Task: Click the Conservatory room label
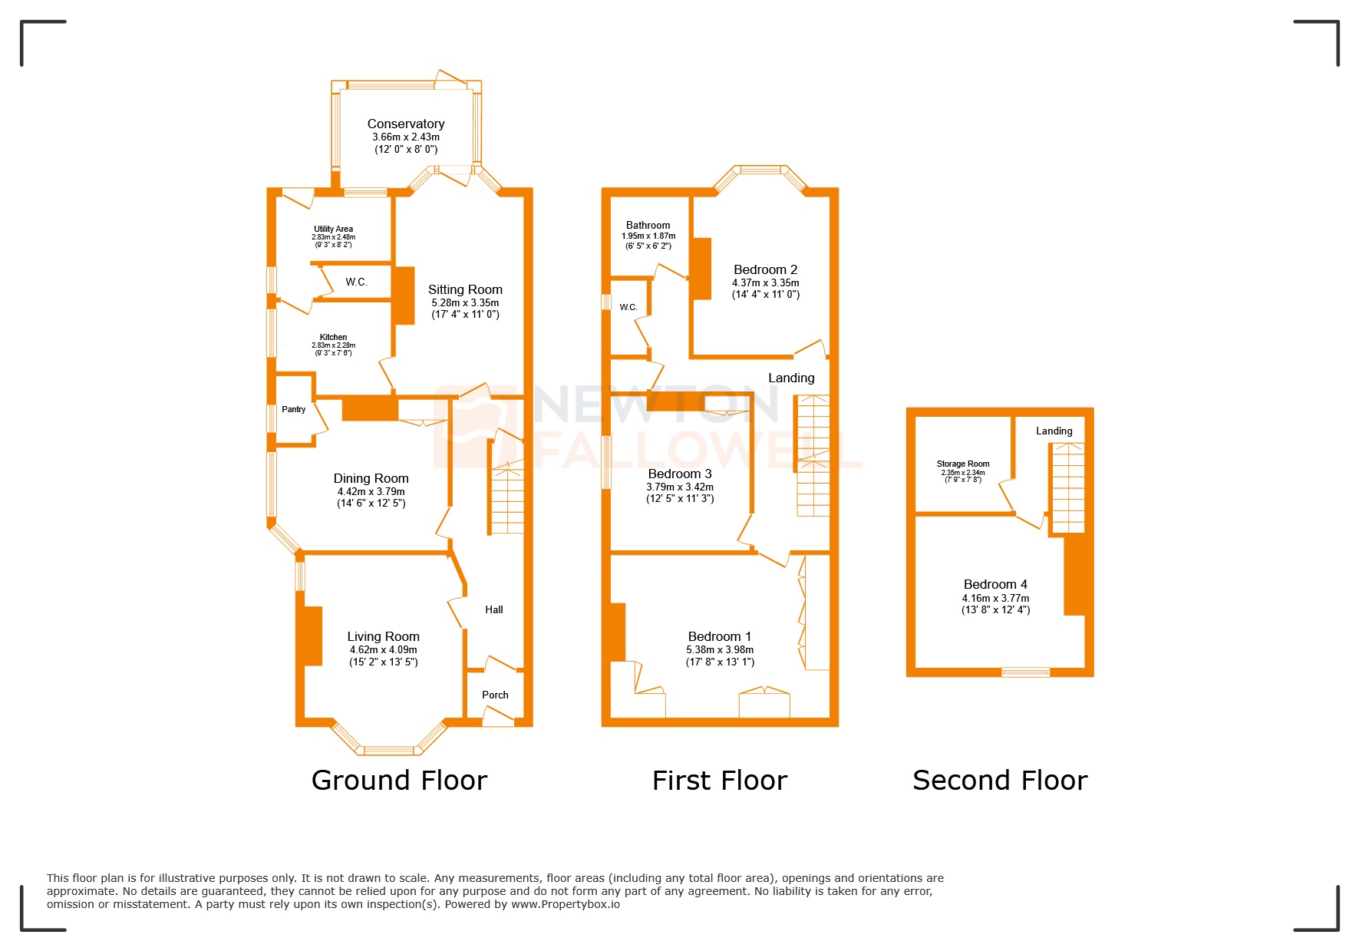pyautogui.click(x=405, y=124)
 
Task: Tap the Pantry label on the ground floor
pyautogui.click(x=293, y=409)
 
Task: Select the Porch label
pyautogui.click(x=495, y=695)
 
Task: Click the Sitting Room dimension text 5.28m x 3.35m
pyautogui.click(x=465, y=302)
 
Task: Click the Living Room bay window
pyautogui.click(x=389, y=748)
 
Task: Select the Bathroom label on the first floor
pyautogui.click(x=648, y=225)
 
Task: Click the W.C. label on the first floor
pyautogui.click(x=628, y=307)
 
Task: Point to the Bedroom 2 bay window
pyautogui.click(x=760, y=170)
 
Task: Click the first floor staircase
pyautogui.click(x=813, y=456)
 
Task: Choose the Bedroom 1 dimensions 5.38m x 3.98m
pyautogui.click(x=720, y=649)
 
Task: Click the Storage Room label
pyautogui.click(x=962, y=464)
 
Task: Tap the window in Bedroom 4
pyautogui.click(x=1025, y=672)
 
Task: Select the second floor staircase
pyautogui.click(x=1067, y=488)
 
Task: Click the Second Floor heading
pyautogui.click(x=999, y=781)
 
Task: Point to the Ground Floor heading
pyautogui.click(x=399, y=781)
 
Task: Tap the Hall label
pyautogui.click(x=493, y=609)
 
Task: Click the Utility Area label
pyautogui.click(x=333, y=229)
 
